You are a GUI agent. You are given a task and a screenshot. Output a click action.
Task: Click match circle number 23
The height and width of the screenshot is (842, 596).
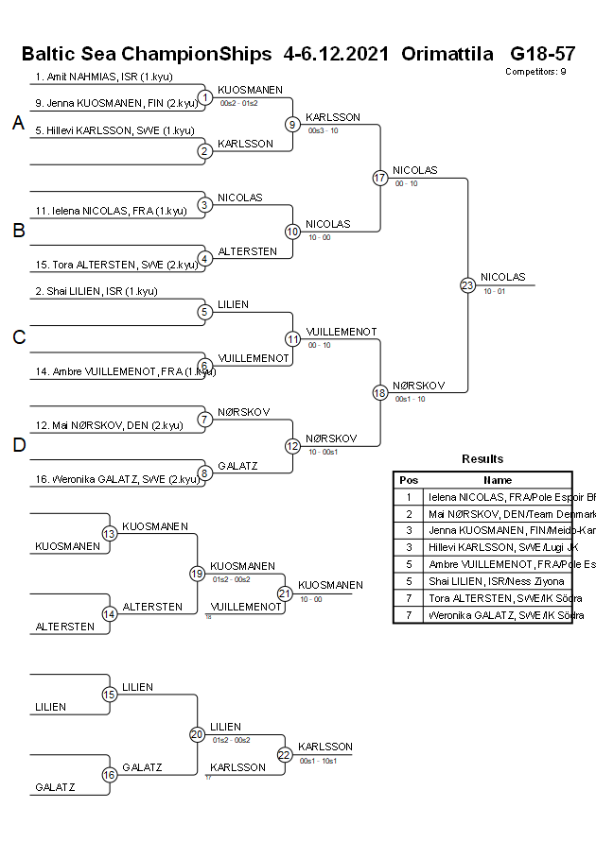(467, 284)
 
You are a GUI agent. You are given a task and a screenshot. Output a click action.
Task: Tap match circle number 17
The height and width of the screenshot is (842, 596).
(379, 178)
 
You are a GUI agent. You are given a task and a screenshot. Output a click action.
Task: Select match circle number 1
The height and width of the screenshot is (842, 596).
(205, 97)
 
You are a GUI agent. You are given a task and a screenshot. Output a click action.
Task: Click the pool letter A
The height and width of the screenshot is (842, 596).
(18, 124)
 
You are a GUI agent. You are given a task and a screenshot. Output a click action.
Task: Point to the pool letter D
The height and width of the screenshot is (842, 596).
(18, 446)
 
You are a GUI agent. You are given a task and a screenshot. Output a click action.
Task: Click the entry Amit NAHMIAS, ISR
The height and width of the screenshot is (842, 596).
(104, 77)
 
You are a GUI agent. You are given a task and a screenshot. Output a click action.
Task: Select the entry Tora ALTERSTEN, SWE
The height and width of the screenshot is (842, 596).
(116, 265)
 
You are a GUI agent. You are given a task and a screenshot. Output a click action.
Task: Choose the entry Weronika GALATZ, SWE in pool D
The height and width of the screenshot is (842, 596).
(116, 479)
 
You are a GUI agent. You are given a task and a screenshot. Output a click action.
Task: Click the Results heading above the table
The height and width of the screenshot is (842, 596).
(482, 459)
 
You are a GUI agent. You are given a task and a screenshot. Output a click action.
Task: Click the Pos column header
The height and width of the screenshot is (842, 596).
(409, 480)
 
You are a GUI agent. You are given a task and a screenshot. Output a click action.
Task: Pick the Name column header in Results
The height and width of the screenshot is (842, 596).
(498, 480)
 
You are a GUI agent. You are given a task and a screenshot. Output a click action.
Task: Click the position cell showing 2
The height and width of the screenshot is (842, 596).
(409, 513)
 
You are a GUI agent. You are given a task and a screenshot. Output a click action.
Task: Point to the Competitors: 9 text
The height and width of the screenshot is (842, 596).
(535, 71)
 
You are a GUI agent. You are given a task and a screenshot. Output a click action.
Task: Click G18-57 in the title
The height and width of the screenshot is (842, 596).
(542, 53)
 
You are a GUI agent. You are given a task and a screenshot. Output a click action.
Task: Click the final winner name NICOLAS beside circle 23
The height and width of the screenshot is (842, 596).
(502, 277)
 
